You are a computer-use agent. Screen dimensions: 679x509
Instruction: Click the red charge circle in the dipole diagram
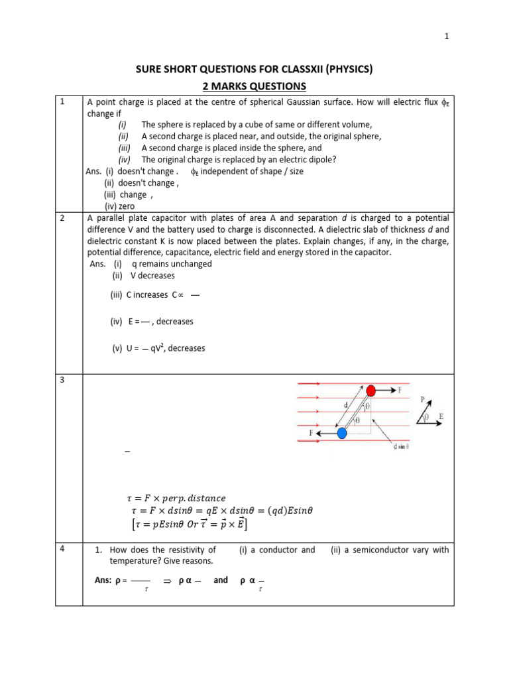(371, 390)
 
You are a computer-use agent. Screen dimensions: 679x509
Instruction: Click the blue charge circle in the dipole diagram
(342, 433)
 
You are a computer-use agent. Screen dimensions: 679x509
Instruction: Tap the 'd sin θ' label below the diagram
(398, 446)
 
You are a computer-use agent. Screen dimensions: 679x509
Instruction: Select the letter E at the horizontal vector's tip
(441, 417)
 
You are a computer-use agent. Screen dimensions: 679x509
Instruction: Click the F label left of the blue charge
(310, 432)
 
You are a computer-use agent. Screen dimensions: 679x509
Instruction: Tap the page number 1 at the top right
(447, 36)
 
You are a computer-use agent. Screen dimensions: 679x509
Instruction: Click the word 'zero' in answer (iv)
(126, 206)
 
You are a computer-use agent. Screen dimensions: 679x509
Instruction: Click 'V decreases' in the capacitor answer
(153, 275)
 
